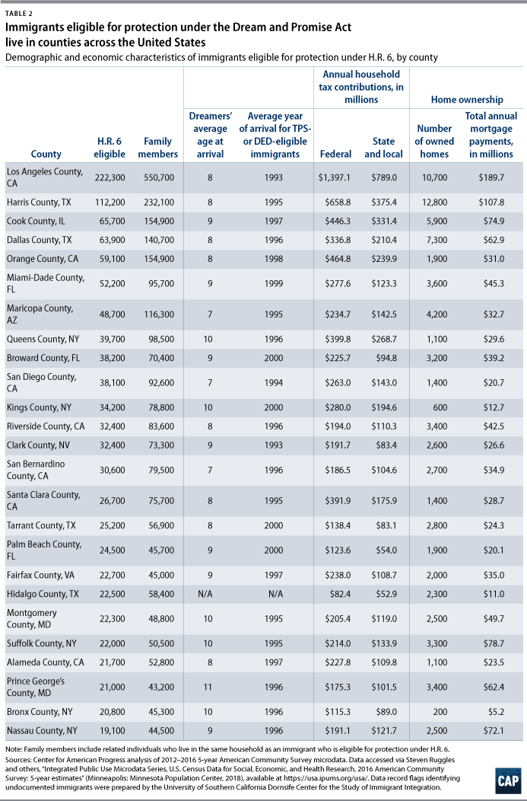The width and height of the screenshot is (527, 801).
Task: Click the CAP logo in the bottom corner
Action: pos(507,780)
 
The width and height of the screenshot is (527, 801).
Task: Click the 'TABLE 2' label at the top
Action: pos(17,14)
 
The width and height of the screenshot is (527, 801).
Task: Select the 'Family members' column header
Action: pos(157,148)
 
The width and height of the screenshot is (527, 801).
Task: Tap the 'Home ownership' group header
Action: pos(467,100)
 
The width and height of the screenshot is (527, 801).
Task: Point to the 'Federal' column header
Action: pos(335,154)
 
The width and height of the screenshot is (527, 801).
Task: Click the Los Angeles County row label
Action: pos(44,177)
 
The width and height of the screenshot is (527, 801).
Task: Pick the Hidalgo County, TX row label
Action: pos(40,594)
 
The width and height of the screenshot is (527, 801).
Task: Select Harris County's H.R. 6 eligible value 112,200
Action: pos(110,203)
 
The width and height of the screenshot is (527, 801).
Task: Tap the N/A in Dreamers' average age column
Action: pos(210,594)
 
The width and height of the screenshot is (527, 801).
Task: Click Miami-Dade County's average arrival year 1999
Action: pos(274,283)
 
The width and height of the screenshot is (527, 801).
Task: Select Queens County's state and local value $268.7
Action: pos(383,339)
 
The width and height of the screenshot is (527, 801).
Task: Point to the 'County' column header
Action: pos(46,154)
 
